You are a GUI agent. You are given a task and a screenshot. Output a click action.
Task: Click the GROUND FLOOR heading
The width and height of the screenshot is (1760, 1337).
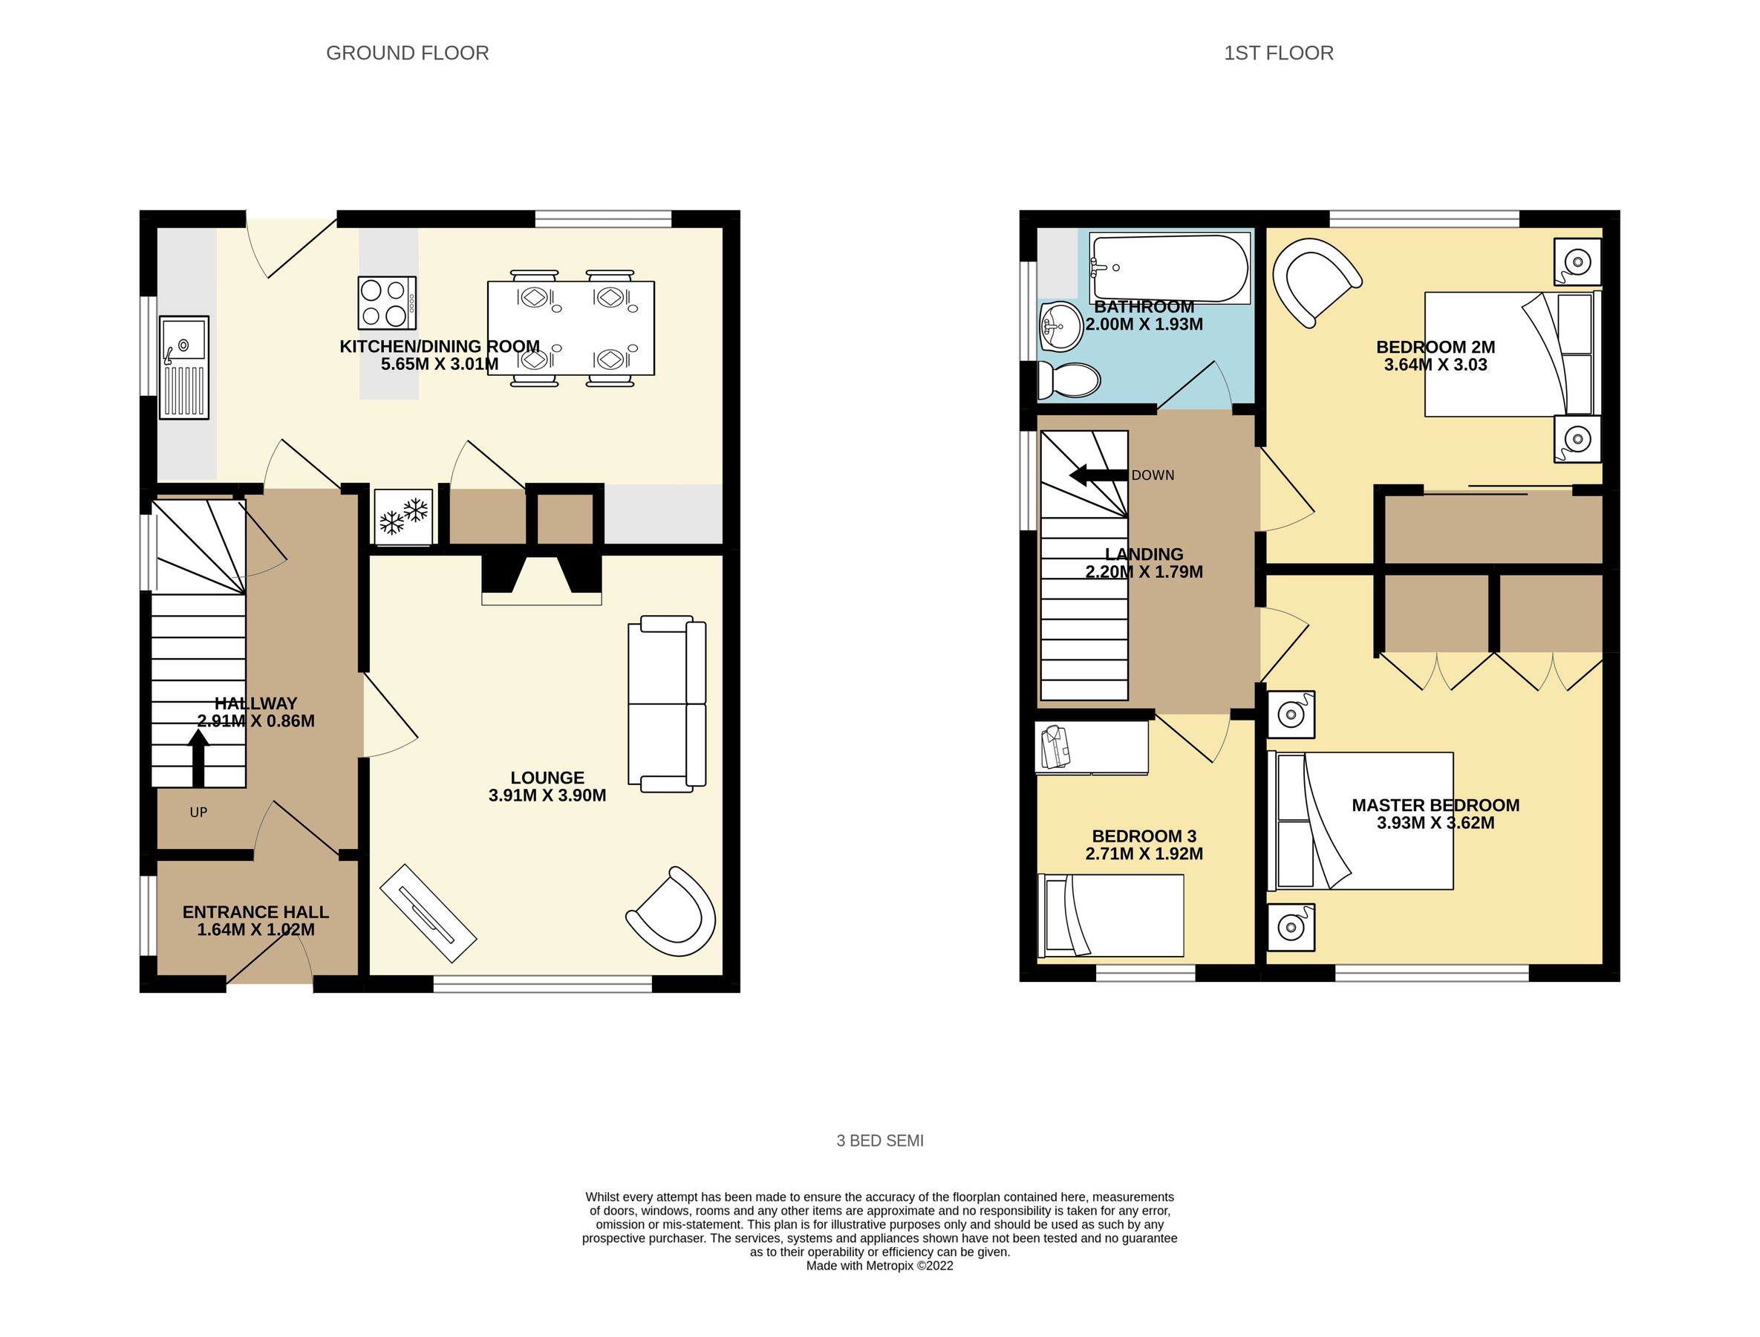[x=408, y=53]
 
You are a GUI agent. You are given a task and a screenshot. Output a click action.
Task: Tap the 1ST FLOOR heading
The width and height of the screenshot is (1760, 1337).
[x=1279, y=53]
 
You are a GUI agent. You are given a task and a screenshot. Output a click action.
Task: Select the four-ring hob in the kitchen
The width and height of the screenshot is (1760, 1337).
[x=387, y=303]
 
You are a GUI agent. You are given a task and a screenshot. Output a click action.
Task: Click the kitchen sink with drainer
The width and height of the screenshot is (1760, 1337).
[x=184, y=367]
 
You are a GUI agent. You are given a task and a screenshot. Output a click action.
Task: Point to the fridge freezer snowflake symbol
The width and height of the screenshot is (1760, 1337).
[x=403, y=516]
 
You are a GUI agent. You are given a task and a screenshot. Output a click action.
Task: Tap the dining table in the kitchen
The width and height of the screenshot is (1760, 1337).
[x=570, y=328]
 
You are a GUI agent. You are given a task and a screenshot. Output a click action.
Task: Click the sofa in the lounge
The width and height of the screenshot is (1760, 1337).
[x=667, y=703]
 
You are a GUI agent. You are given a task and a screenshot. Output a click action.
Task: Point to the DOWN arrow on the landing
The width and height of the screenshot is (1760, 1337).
[x=1098, y=476]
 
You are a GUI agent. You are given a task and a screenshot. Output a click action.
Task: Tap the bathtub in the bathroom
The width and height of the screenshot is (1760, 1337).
[x=1169, y=268]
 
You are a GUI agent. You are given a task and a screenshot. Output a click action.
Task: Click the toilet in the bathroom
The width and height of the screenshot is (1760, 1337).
[x=1071, y=380]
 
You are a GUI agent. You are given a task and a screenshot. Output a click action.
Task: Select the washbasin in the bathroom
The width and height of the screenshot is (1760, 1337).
[x=1060, y=325]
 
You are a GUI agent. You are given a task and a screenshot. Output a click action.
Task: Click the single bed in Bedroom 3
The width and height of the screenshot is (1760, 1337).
[x=1111, y=915]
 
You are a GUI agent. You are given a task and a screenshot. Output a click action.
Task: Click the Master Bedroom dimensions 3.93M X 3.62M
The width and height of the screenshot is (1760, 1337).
[x=1435, y=824]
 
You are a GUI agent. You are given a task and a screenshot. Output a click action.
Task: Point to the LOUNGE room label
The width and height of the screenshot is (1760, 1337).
[x=547, y=778]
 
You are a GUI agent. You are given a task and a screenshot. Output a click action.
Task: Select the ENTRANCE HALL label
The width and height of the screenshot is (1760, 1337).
[x=255, y=912]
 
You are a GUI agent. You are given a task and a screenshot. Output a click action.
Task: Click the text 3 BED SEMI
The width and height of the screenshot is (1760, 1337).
[x=880, y=1140]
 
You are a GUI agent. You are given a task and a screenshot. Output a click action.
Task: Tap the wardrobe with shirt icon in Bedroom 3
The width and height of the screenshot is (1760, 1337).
[x=1091, y=746]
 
